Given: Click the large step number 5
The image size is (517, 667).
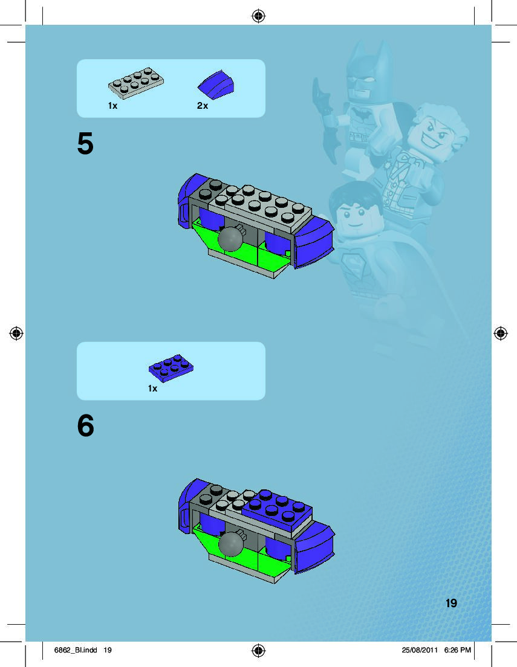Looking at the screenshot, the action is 85,143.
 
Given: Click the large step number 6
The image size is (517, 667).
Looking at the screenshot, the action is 86,425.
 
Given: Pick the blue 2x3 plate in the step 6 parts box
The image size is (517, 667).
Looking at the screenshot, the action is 171,367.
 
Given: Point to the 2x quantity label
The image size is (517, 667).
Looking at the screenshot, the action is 203,106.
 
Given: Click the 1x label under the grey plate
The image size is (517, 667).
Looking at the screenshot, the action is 112,106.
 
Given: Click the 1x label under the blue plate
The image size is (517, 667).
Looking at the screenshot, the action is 152,388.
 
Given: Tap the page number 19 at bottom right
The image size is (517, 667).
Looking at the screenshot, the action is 451,603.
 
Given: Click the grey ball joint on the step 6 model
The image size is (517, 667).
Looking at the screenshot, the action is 231,543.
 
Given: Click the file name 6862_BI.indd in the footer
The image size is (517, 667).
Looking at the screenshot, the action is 76,650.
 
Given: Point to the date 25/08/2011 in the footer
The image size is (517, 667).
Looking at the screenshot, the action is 420,650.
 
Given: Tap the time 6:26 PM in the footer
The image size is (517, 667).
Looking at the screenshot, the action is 457,650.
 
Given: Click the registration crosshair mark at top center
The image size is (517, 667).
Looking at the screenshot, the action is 259,16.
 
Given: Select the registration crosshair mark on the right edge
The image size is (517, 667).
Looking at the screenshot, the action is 501,333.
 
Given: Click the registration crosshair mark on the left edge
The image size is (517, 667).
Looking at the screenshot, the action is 16,333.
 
